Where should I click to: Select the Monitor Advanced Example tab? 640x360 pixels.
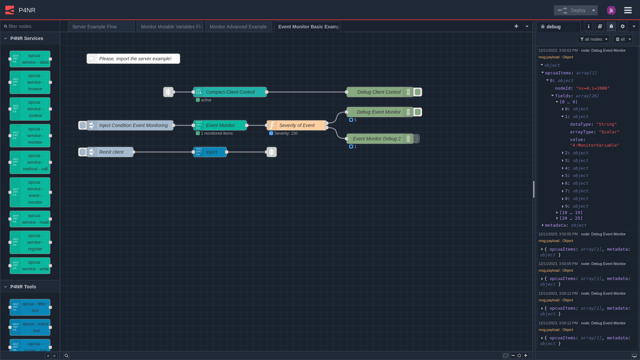point(238,27)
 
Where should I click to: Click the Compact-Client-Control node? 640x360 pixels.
point(230,92)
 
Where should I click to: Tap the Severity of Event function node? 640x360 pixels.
point(297,125)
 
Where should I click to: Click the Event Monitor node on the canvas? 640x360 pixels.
point(220,125)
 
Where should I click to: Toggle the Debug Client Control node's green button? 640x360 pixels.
point(418,92)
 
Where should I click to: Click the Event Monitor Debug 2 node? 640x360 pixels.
point(377,139)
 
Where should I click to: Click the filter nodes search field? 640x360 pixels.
point(32,26)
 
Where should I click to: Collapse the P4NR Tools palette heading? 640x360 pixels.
point(23,287)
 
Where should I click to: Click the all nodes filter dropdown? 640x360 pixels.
point(593,39)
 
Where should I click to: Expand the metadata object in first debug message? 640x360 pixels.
point(543,225)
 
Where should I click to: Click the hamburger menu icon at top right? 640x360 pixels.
point(628,10)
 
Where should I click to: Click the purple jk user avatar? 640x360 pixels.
point(611,10)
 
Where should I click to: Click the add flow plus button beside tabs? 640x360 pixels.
point(516,26)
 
